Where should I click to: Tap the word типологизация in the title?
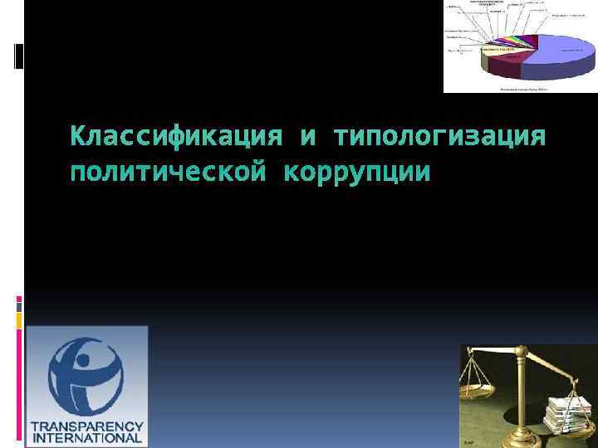(x=439, y=135)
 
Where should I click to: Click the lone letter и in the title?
(x=309, y=136)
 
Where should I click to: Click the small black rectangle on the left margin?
(x=19, y=55)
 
